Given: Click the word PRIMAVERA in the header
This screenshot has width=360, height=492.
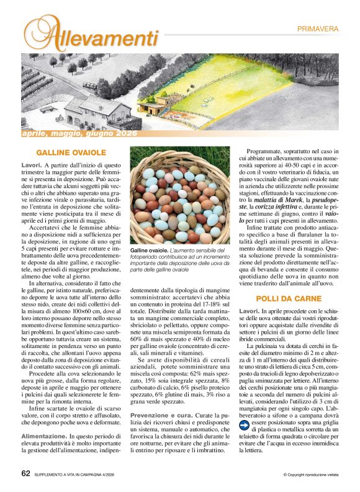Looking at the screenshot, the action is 317,29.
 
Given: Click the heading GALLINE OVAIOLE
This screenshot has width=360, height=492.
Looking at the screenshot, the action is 71,152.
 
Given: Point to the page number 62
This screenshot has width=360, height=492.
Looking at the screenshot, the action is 26,472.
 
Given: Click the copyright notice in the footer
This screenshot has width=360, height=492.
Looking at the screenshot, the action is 311,475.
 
